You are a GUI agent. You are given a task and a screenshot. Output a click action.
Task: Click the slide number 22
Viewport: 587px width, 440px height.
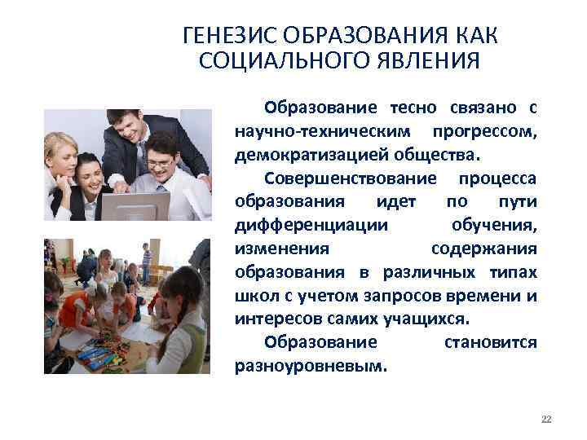[x=546, y=419]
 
